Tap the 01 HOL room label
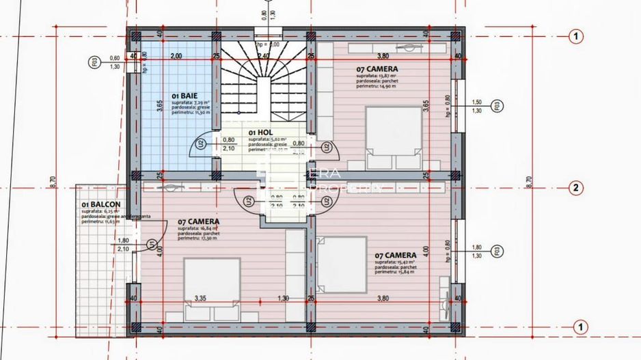point(261,132)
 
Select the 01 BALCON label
point(101,204)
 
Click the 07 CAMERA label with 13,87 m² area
point(377,69)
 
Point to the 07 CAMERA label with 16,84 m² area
point(199,222)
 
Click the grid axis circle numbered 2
point(576,188)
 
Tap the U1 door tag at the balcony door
point(152,244)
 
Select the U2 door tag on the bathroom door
point(200,144)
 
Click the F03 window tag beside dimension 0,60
point(94,62)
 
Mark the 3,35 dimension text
point(201,299)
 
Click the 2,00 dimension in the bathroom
point(176,55)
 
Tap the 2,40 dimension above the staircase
point(264,55)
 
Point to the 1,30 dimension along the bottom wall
point(283,299)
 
